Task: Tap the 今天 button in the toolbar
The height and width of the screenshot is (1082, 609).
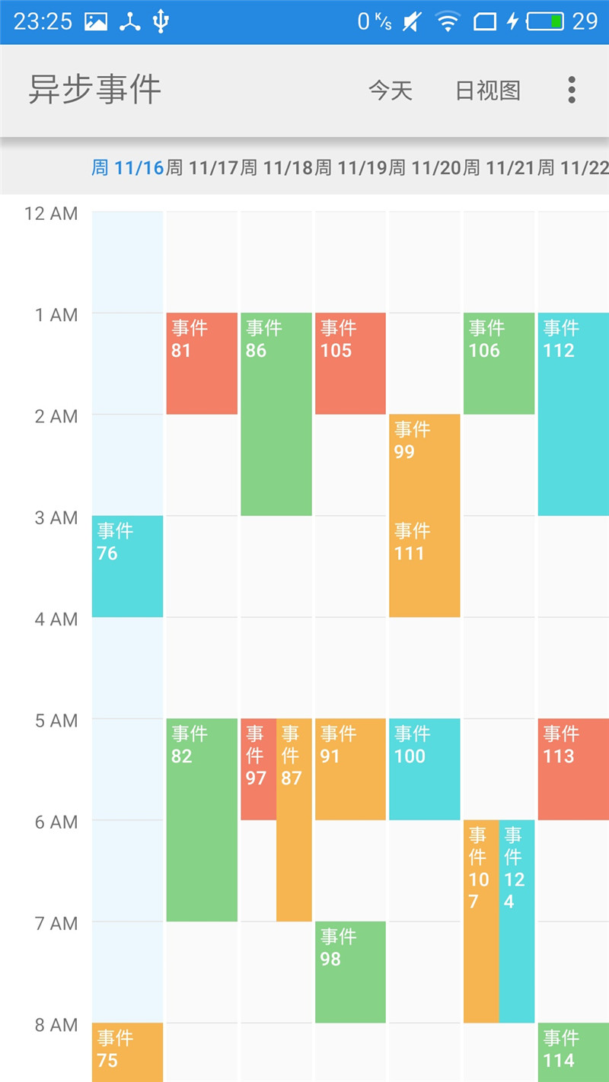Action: point(391,91)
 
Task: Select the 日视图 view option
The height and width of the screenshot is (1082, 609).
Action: point(488,91)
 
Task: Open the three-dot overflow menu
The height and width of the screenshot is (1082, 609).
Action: point(572,90)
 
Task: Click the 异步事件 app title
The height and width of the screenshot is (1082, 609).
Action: point(95,90)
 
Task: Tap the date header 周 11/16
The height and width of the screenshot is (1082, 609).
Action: point(128,167)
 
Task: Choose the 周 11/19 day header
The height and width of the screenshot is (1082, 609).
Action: point(351,167)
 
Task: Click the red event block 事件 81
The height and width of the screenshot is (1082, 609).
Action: point(202,364)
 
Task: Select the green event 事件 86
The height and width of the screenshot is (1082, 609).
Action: point(276,414)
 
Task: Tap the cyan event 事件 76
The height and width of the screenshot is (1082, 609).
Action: point(127,566)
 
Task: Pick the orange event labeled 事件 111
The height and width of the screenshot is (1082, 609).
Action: point(424,567)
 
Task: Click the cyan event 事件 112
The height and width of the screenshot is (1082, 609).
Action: point(573,414)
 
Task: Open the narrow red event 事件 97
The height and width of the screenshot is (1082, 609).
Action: point(258,769)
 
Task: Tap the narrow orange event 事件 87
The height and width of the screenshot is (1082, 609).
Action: point(294,819)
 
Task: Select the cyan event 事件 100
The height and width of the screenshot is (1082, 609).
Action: point(424,769)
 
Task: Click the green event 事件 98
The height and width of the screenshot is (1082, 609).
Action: point(350,972)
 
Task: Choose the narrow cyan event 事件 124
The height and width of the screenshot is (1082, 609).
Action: point(517,921)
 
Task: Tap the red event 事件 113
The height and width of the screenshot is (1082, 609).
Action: point(573,769)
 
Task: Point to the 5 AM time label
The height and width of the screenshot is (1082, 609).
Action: point(56,721)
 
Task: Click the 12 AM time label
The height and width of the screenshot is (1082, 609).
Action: point(51,213)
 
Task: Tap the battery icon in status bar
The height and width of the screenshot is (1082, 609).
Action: point(545,21)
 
